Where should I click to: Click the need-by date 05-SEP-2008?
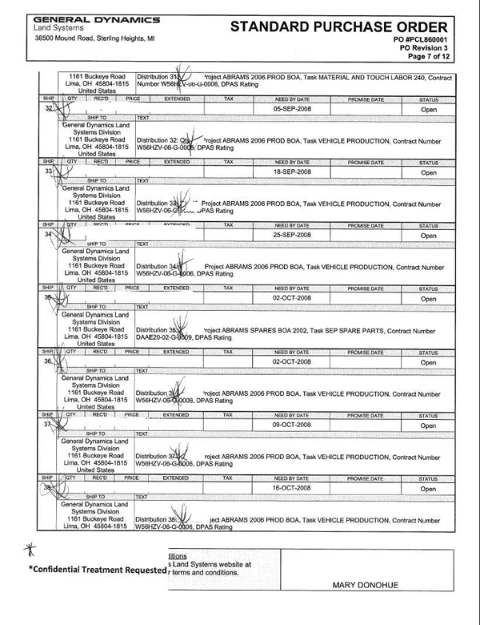click(291, 107)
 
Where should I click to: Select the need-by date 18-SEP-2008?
click(291, 171)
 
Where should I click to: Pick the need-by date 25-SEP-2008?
click(291, 236)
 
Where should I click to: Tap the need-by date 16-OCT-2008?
click(291, 487)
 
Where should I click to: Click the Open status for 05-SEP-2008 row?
click(429, 108)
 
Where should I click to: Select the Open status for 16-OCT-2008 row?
click(429, 488)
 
